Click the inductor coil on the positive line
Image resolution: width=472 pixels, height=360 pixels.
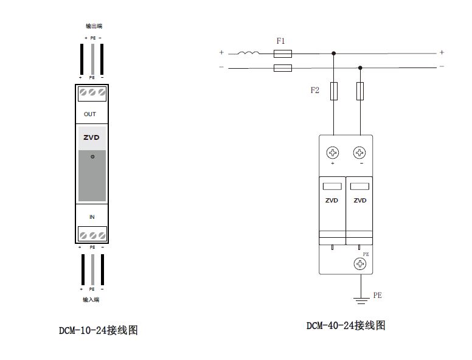248,53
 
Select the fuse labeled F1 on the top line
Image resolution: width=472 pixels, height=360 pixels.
283,54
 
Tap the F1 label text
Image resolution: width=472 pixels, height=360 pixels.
280,41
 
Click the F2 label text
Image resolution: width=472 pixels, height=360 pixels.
314,91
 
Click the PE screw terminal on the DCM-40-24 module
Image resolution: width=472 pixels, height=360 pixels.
361,264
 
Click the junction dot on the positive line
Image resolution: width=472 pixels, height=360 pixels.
333,54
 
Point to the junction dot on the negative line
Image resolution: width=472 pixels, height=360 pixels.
360,67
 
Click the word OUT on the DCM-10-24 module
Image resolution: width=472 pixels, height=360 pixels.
90,114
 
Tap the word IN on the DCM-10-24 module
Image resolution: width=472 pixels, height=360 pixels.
92,216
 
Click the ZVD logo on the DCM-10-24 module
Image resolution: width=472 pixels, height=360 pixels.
91,137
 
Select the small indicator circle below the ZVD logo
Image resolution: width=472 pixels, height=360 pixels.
92,157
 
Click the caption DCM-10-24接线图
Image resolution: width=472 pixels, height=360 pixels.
98,330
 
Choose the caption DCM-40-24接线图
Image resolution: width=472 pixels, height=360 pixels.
345,325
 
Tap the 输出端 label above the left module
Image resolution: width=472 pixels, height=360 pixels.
93,27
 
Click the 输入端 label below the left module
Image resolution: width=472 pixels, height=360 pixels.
91,299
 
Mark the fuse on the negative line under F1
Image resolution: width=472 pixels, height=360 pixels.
283,67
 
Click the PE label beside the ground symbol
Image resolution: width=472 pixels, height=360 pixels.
377,296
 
